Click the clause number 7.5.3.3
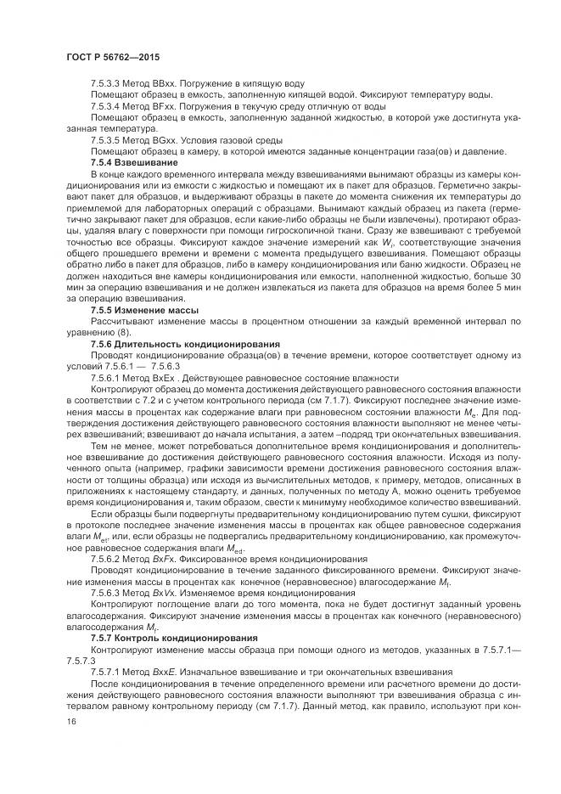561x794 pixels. (107, 84)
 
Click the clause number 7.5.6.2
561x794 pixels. (107, 559)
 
